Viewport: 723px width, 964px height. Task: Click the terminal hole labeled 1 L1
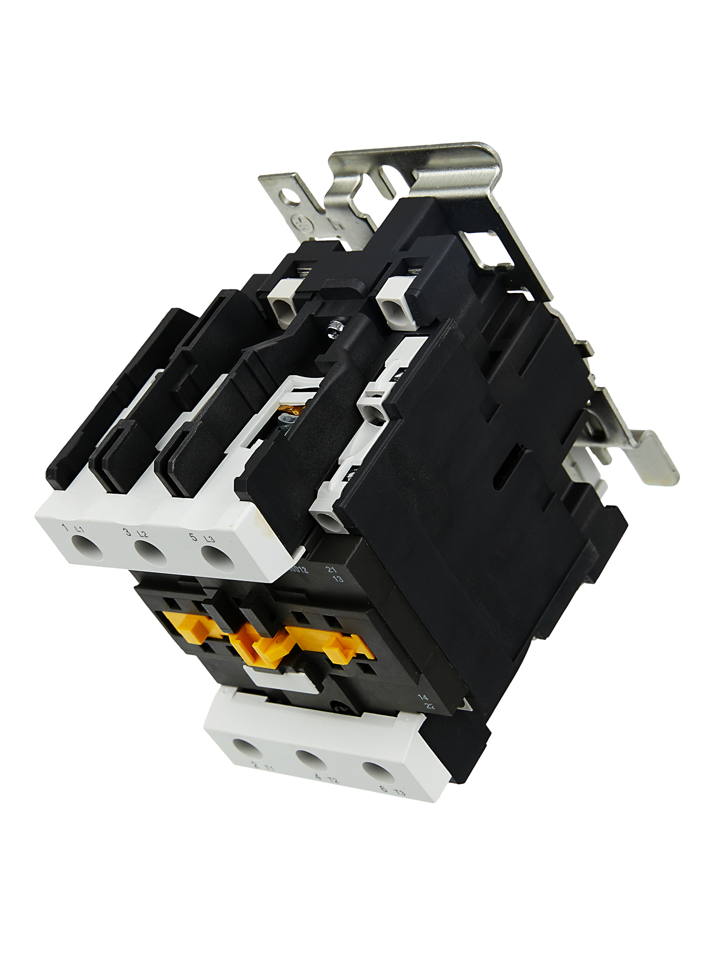tap(87, 547)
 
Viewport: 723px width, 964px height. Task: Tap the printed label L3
tap(210, 539)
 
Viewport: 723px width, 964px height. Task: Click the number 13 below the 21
tap(338, 579)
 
